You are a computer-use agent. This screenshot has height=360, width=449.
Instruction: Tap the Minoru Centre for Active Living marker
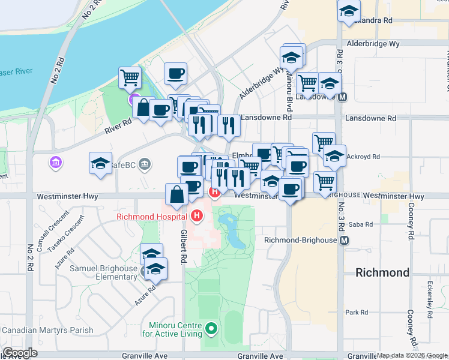(x=210, y=328)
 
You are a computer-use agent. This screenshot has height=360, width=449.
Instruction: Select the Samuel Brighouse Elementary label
(x=104, y=272)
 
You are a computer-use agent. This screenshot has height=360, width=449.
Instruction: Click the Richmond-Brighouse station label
(x=301, y=240)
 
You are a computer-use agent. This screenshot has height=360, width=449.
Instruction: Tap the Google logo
(x=20, y=353)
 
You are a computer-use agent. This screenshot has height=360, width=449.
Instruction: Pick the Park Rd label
(x=356, y=313)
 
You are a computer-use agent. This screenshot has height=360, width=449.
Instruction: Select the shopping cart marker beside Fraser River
(x=130, y=77)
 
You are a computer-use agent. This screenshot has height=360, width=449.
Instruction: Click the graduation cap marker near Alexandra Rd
(x=348, y=11)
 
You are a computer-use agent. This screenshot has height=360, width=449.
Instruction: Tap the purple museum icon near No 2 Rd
(x=56, y=162)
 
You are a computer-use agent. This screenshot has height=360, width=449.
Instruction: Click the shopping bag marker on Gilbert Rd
(x=177, y=194)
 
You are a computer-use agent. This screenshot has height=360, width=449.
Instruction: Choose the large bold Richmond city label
(x=382, y=272)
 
